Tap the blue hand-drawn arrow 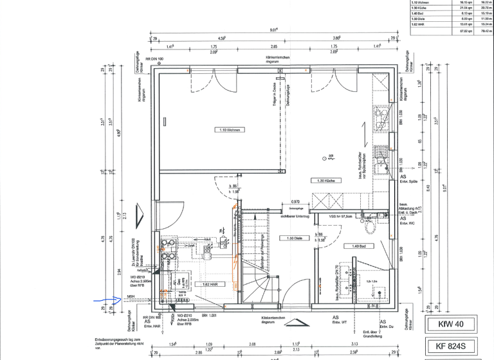click(x=105, y=299)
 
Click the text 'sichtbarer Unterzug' click(x=295, y=217)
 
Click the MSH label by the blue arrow click(x=131, y=296)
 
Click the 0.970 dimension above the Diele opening click(x=295, y=201)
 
